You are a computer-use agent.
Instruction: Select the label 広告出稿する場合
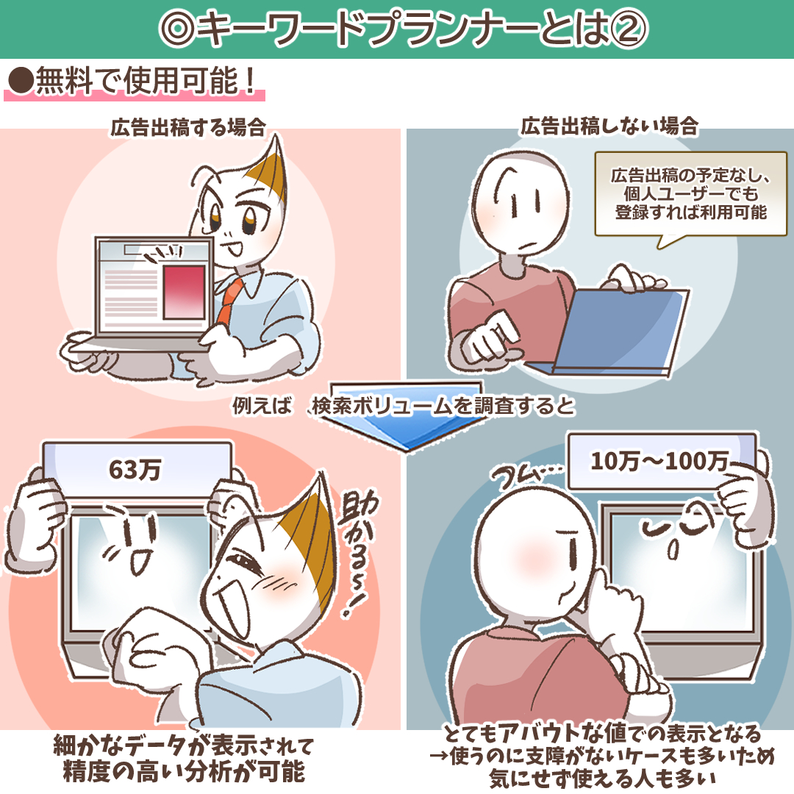tap(188, 127)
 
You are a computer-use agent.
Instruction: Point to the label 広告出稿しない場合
tap(609, 126)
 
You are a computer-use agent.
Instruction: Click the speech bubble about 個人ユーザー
tap(690, 194)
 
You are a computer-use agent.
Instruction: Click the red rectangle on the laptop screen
tap(185, 292)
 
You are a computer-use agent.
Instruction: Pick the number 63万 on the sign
tap(135, 469)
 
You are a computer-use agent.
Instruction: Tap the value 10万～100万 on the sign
tap(659, 461)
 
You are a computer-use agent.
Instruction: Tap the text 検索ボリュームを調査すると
tap(443, 406)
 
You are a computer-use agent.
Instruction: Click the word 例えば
tap(262, 405)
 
